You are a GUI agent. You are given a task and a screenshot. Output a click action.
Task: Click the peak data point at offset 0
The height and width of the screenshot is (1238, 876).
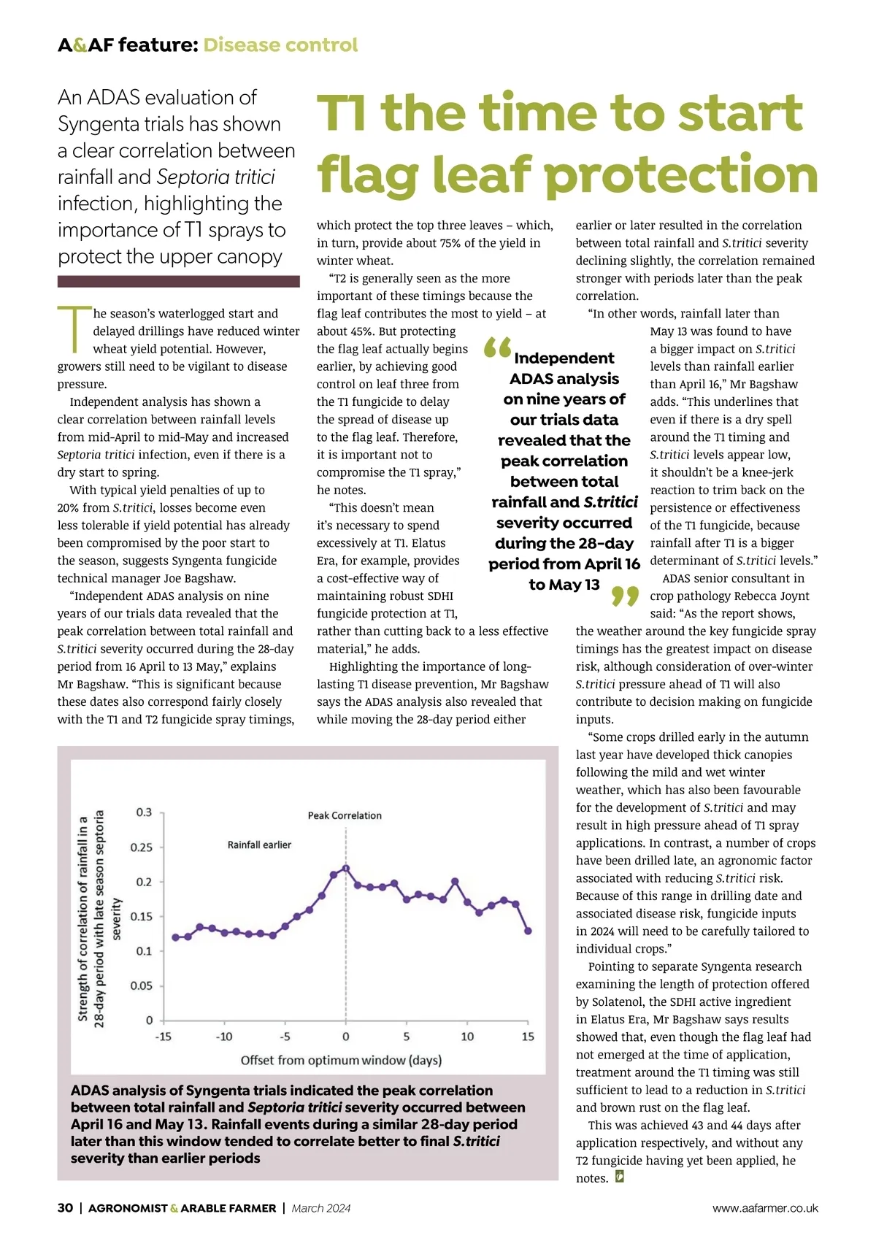pos(346,869)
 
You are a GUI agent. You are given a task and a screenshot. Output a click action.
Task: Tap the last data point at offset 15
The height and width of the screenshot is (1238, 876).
pos(528,931)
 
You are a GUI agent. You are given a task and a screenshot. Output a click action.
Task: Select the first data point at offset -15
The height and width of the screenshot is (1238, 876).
pos(175,937)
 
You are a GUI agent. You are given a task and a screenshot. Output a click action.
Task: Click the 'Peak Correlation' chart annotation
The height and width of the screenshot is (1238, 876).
pos(345,815)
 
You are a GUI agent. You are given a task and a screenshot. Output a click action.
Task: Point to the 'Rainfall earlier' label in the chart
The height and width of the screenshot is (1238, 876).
pos(259,845)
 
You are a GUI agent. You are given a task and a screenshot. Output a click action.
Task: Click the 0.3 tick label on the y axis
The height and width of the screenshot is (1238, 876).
pos(144,812)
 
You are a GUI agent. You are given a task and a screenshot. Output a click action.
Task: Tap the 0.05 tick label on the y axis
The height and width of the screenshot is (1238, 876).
pos(141,985)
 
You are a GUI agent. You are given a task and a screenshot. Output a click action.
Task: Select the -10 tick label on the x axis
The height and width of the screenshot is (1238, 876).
pos(224,1037)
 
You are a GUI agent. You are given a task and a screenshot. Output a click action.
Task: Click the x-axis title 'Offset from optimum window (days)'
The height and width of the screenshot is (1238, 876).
pos(341,1060)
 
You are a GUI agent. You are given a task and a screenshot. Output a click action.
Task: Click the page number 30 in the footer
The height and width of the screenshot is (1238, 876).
pos(65,1208)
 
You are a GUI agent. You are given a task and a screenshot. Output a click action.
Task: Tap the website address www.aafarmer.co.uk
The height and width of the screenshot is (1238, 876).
pos(765,1208)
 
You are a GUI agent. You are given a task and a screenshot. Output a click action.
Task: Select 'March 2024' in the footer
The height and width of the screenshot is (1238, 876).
pos(321,1208)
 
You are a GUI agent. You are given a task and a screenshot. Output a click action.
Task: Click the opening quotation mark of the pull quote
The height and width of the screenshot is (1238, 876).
pos(497,347)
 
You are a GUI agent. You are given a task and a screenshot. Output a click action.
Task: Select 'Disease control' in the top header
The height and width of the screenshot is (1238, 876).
pos(280,45)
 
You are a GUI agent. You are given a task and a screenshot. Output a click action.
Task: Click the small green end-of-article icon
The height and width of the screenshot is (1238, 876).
pos(620,1177)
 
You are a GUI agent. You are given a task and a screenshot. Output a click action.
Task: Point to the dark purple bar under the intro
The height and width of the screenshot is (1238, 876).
pos(178,281)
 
